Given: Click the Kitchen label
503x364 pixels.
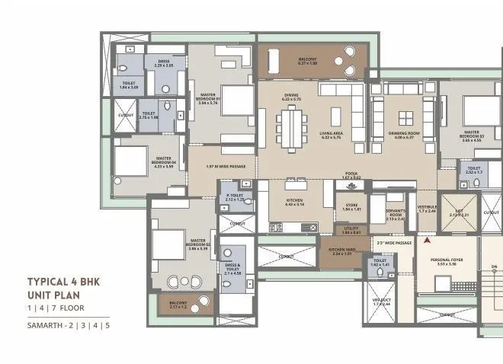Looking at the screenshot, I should pos(294,202).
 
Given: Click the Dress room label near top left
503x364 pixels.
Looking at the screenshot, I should pos(163,63).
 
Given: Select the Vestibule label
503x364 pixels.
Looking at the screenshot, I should pos(428,207).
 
